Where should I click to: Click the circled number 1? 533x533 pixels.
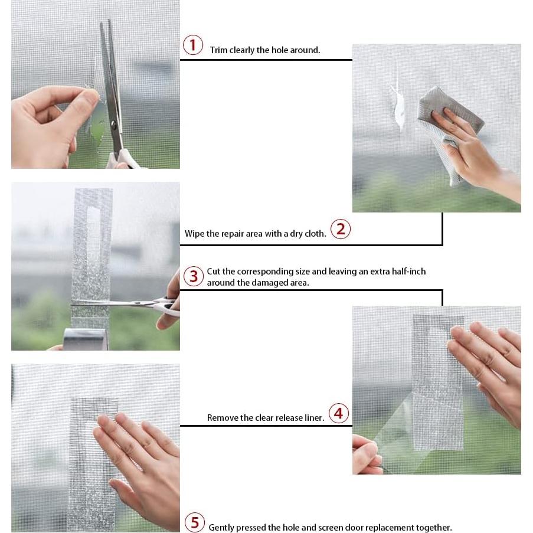(x=193, y=45)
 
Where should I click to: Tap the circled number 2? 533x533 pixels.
(x=340, y=229)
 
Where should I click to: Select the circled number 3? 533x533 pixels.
(x=194, y=276)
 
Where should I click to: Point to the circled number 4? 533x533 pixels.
(x=339, y=413)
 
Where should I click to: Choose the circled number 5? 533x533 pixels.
(x=195, y=522)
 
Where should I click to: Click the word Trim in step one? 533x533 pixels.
(x=218, y=50)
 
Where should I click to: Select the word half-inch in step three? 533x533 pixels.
(x=408, y=272)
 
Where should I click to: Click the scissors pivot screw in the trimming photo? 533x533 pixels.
(x=114, y=126)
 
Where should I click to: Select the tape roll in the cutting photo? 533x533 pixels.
(x=86, y=339)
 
